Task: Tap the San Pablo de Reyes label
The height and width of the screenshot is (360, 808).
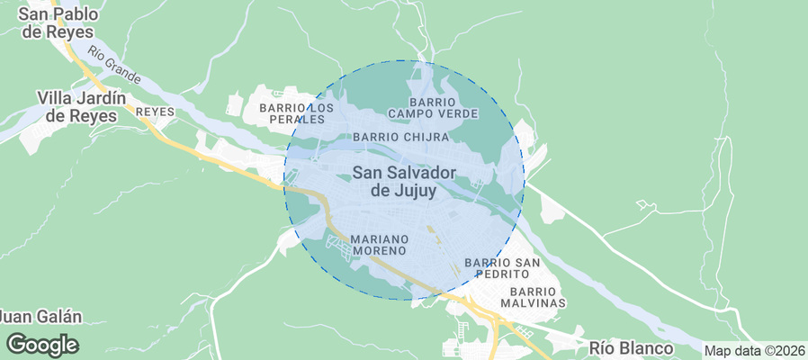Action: pyautogui.click(x=57, y=22)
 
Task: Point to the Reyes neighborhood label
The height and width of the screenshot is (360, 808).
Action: pyautogui.click(x=154, y=112)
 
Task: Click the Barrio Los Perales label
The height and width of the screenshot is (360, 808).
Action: pyautogui.click(x=296, y=113)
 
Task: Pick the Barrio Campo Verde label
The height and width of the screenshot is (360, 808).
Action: pyautogui.click(x=434, y=108)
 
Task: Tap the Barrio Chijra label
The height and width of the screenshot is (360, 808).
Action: pyautogui.click(x=400, y=137)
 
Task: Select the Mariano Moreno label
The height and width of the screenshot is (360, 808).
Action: pyautogui.click(x=380, y=244)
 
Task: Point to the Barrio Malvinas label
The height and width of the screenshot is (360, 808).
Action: pyautogui.click(x=536, y=298)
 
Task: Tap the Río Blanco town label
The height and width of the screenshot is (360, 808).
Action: pyautogui.click(x=631, y=347)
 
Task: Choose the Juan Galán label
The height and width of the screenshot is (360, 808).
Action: pyautogui.click(x=40, y=317)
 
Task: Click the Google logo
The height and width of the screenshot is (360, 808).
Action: pyautogui.click(x=42, y=345)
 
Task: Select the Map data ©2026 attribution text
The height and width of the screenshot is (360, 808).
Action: pyautogui.click(x=754, y=351)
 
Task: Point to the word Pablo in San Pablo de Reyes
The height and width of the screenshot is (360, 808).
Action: pyautogui.click(x=76, y=13)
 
